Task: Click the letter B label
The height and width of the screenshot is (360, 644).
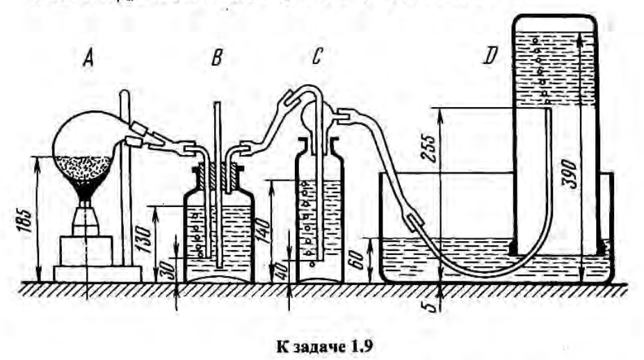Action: [x=216, y=58]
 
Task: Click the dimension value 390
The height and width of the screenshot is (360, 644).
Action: [x=588, y=167]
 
